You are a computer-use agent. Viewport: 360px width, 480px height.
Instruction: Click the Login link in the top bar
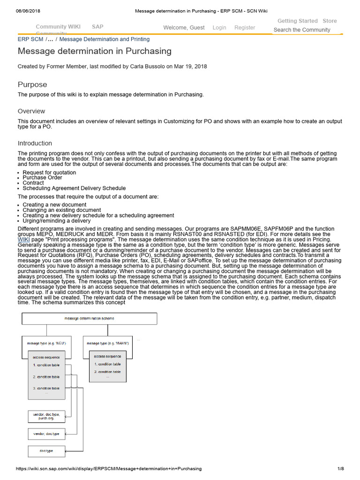coord(219,28)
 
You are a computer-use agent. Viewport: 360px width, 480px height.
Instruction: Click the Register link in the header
coord(245,28)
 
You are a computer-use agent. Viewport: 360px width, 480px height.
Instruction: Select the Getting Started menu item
coord(297,21)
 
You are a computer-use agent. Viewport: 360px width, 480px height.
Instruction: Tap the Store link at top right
coord(330,21)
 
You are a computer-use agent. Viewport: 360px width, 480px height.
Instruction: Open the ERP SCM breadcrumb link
coord(30,39)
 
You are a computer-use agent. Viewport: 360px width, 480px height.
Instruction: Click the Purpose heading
coord(32,84)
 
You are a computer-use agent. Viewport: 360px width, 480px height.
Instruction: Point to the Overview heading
coord(31,111)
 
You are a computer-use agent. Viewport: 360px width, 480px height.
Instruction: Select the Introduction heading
coord(35,143)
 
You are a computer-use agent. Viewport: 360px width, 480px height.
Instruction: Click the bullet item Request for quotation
coord(49,172)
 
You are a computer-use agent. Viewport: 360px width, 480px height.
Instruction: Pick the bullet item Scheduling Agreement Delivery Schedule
coord(74,188)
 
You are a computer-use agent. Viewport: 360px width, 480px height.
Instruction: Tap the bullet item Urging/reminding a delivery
coord(57,220)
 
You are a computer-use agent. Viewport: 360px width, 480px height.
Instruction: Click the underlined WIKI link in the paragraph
coord(23,239)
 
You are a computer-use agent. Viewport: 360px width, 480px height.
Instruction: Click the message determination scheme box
coord(89,319)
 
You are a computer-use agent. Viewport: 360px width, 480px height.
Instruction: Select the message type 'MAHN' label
coord(108,343)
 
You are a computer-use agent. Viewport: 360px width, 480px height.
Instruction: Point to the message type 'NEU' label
coord(46,343)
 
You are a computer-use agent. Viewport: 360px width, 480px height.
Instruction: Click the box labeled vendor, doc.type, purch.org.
coord(46,416)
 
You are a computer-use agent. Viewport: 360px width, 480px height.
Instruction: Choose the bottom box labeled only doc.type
coord(46,451)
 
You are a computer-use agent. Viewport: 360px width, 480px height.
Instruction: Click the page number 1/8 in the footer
coord(340,468)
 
